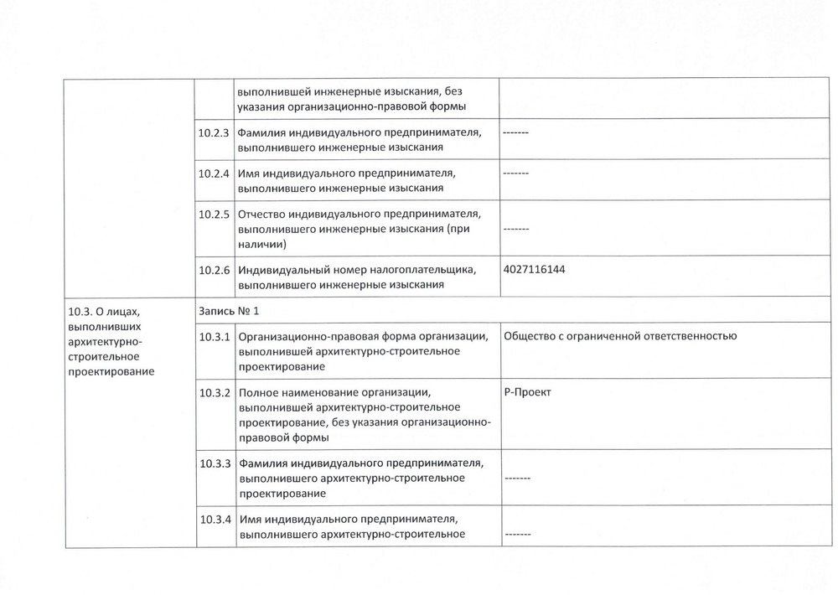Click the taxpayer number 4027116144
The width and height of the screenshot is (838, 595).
541,270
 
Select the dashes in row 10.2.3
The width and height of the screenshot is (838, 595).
516,133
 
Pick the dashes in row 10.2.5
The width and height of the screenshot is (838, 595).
516,229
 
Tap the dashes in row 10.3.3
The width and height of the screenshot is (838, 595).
516,479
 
